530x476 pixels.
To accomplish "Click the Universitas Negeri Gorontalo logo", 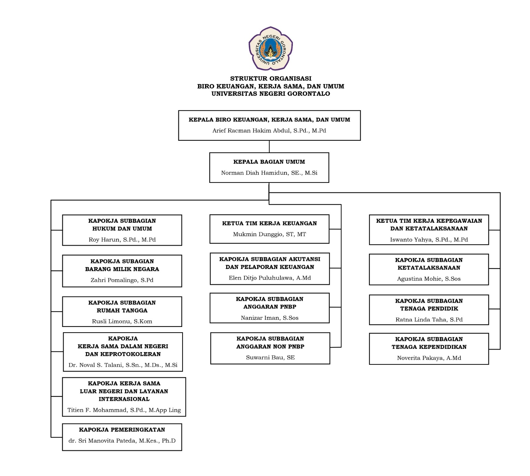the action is (271, 48).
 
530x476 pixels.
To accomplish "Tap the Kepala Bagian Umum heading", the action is (269, 162).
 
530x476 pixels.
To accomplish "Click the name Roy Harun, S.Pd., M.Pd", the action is (122, 239).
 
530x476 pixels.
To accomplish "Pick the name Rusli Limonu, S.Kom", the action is (122, 321).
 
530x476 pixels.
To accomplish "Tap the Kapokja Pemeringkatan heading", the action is (122, 430).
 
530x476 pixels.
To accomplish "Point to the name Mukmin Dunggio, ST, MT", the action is (269, 234).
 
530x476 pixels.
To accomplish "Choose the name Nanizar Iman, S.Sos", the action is (270, 318).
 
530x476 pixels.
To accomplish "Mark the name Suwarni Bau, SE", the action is (270, 357).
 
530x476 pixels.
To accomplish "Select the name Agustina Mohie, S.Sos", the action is (429, 279).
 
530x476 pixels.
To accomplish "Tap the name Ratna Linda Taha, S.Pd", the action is (429, 320).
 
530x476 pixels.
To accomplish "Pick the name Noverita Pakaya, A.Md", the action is (429, 358).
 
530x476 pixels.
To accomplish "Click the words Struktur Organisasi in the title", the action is (271, 79).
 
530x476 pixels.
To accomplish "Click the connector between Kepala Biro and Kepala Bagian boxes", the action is (269, 146).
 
